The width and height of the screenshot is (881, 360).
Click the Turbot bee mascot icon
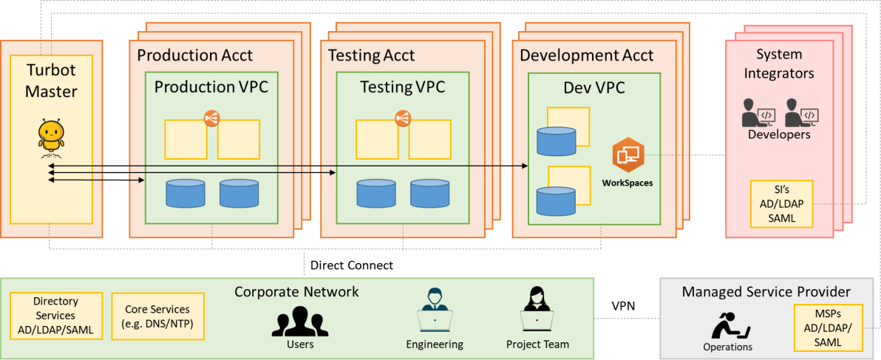coord(51,137)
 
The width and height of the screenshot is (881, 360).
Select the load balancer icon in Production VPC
coord(212,118)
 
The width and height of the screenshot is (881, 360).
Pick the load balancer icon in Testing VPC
coord(403,118)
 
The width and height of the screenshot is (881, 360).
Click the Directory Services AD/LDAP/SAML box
coord(55,316)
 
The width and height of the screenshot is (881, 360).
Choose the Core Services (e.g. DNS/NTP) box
coord(157,316)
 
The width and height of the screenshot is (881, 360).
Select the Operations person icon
coord(727,324)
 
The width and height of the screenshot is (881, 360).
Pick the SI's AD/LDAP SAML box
coord(781,204)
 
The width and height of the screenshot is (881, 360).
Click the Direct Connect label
coord(352,265)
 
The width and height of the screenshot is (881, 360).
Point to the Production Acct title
coord(195,55)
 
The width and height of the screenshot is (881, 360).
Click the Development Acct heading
coord(587,55)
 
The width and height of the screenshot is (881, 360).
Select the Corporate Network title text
coord(296,292)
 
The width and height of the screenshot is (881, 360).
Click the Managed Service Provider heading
coord(766,292)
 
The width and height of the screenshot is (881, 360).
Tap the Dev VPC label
coord(594,88)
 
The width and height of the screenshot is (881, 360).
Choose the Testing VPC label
coord(402,88)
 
